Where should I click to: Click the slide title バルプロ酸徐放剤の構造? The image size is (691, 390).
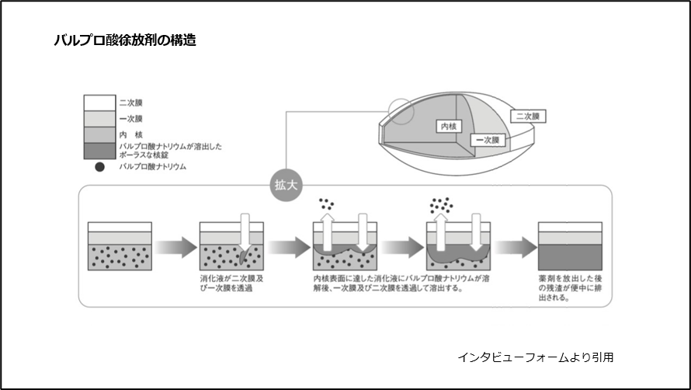(x=124, y=40)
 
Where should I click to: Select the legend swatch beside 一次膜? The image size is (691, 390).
(x=99, y=118)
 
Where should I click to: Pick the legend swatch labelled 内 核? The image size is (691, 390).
(x=99, y=134)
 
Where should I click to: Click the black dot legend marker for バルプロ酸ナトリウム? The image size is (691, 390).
(x=99, y=166)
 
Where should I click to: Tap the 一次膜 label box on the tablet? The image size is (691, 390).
(x=488, y=140)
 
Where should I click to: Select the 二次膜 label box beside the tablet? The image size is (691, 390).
(x=530, y=116)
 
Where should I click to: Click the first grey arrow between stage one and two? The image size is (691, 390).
(x=174, y=248)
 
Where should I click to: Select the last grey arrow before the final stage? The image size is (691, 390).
(x=516, y=248)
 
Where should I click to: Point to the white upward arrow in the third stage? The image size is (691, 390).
(x=327, y=229)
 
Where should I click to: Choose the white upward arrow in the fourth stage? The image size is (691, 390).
(x=440, y=229)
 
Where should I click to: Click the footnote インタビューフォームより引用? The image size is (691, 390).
(x=536, y=357)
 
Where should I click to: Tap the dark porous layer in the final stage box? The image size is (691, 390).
(x=571, y=256)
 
